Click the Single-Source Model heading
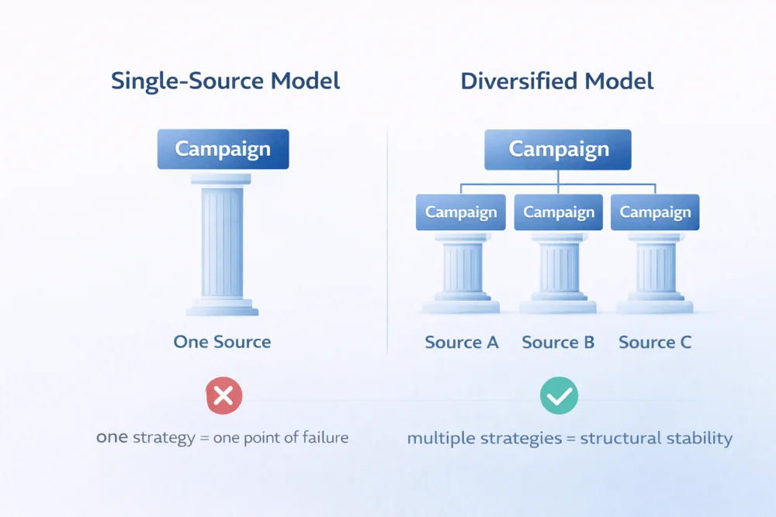pos(226,81)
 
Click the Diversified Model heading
pos(557,81)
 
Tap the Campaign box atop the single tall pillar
pos(223,149)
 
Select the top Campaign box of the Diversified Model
pos(557,149)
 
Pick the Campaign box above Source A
pos(461,212)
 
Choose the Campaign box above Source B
pos(559,212)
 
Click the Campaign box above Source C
pos(655,212)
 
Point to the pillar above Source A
pos(461,271)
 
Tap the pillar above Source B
pos(558,271)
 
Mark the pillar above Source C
pos(655,271)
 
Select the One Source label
pos(223,342)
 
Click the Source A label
pos(462,342)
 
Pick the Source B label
pos(558,342)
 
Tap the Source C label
pos(655,342)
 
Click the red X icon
pos(223,397)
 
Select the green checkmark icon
pos(559,396)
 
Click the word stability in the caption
pos(700,439)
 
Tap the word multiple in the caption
pos(438,439)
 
